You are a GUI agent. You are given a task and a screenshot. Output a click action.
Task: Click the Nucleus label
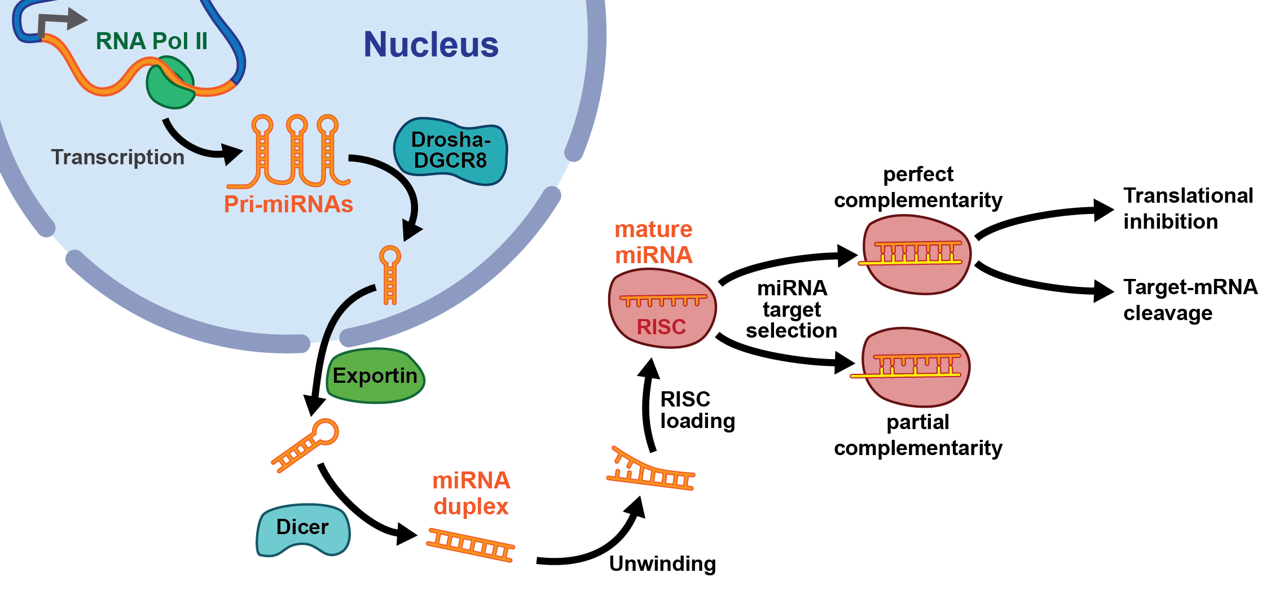(x=431, y=45)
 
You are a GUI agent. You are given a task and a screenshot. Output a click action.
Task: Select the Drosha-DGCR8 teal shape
(x=450, y=151)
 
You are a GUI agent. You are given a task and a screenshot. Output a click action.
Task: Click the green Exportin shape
(x=375, y=376)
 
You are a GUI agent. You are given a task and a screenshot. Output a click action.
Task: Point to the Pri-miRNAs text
(x=288, y=204)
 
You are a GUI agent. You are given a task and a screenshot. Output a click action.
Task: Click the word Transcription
(x=117, y=157)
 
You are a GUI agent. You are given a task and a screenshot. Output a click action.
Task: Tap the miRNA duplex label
(x=471, y=493)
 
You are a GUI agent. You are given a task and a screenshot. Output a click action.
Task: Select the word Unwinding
(x=662, y=563)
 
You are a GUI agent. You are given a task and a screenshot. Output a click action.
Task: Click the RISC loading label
(x=697, y=410)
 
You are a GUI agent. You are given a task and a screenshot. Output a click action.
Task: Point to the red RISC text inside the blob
(x=661, y=327)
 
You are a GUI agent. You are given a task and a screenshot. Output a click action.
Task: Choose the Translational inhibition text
(x=1188, y=208)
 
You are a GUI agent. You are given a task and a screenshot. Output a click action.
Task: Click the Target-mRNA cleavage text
(x=1190, y=300)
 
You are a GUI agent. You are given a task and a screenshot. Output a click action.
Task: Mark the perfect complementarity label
(x=918, y=187)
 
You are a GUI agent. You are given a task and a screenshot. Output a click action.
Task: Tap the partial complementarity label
(x=918, y=435)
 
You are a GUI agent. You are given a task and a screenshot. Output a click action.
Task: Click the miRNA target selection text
(x=792, y=309)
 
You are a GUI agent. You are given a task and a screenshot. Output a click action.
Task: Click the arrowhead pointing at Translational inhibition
(x=1103, y=210)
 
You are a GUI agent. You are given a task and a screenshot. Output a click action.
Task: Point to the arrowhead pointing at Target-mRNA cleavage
(x=1103, y=291)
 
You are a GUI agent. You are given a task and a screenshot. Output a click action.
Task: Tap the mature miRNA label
(x=653, y=242)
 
